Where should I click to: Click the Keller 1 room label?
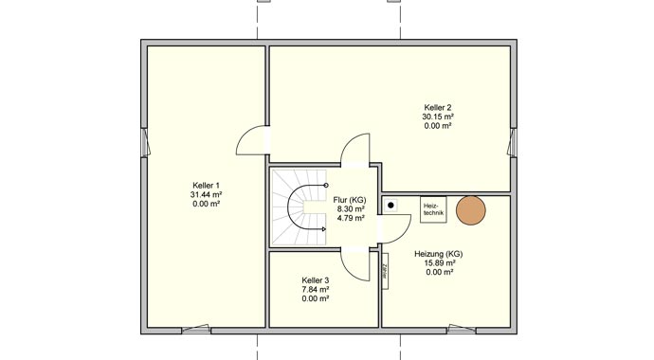[206, 185]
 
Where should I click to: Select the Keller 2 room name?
[437, 107]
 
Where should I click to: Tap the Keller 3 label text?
[315, 280]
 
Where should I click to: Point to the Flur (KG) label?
[350, 200]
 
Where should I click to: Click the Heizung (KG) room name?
[439, 254]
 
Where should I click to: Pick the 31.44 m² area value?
[206, 194]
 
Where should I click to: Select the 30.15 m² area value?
[437, 117]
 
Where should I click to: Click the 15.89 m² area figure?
[439, 263]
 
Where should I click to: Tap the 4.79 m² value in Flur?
[350, 218]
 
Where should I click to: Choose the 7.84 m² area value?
[315, 290]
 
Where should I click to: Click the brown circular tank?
[471, 210]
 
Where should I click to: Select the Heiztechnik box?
[432, 209]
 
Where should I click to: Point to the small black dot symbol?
[391, 204]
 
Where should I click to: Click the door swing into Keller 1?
[252, 145]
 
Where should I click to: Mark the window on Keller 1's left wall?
[144, 142]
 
